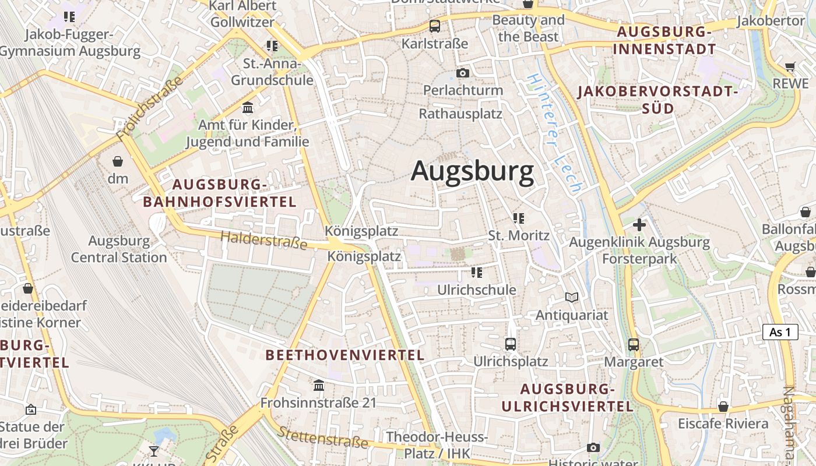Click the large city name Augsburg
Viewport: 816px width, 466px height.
472,171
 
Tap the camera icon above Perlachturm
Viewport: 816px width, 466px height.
463,73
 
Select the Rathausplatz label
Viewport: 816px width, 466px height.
460,113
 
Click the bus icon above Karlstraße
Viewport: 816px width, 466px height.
435,26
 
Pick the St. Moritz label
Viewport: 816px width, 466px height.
519,235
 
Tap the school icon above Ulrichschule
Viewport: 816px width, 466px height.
477,272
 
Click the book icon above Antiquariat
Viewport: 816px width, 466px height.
572,298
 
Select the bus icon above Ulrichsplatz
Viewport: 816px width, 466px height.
511,344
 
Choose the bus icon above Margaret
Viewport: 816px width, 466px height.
634,344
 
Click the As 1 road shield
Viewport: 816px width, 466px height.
780,332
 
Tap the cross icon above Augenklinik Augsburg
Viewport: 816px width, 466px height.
639,224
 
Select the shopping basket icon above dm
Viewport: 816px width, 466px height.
118,161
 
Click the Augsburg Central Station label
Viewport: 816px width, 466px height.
119,249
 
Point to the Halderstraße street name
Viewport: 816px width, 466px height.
264,239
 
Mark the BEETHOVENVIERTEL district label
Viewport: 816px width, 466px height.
345,355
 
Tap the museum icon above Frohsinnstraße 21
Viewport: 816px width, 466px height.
319,385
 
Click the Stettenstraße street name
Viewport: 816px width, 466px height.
323,437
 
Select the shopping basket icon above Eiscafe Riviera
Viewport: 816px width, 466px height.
723,406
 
